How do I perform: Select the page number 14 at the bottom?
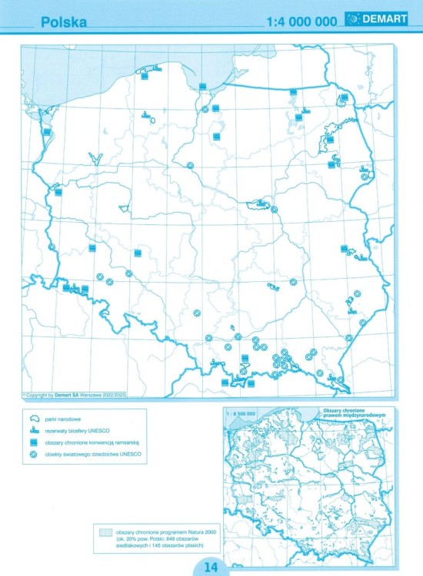tap(211, 568)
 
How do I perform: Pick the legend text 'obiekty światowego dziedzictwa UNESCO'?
tap(94, 456)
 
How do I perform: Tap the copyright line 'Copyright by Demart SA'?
tap(58, 395)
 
